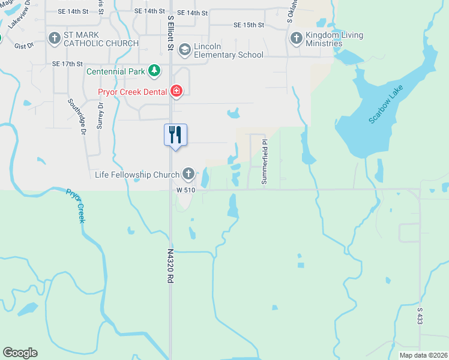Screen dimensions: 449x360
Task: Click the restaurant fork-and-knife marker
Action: [175, 134]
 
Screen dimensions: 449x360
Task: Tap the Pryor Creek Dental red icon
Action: [176, 91]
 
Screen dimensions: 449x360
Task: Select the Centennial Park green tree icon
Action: [155, 71]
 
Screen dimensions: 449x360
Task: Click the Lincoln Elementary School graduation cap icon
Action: [184, 49]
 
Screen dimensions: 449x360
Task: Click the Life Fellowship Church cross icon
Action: [188, 175]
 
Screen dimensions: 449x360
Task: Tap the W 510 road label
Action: [186, 190]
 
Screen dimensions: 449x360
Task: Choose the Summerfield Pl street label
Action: [264, 162]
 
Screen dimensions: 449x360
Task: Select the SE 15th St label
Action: [249, 25]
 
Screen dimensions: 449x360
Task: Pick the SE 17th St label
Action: [67, 64]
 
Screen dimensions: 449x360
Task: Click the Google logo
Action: [20, 353]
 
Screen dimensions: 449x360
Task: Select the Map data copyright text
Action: [423, 355]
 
